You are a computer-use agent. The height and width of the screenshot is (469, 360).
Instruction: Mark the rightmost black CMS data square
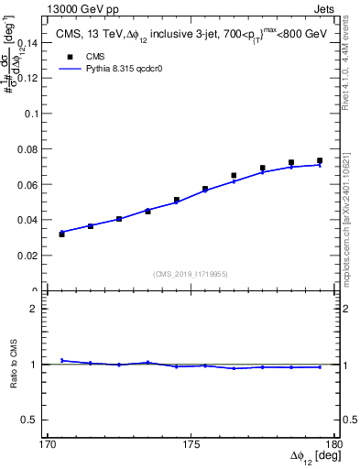coord(320,160)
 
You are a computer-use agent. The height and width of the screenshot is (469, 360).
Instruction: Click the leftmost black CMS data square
coord(61,234)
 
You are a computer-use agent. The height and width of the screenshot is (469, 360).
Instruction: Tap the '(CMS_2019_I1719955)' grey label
coord(191,273)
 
